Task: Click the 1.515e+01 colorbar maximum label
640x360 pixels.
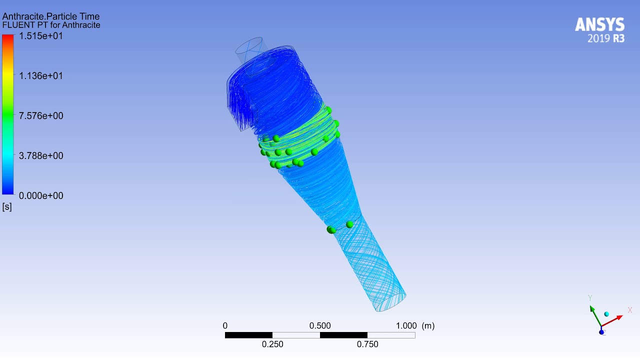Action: point(41,36)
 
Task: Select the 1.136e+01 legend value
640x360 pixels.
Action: point(41,76)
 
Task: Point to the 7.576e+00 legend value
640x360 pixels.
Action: point(41,115)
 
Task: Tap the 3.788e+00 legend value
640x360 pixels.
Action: point(41,155)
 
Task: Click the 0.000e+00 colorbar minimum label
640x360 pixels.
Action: point(41,195)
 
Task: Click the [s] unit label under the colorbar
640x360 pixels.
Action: point(7,206)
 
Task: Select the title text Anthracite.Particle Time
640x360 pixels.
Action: point(51,16)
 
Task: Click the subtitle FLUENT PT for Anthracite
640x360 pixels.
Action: point(51,25)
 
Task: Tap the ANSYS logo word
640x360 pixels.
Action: point(599,24)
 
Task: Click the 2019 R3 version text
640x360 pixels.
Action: point(606,38)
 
